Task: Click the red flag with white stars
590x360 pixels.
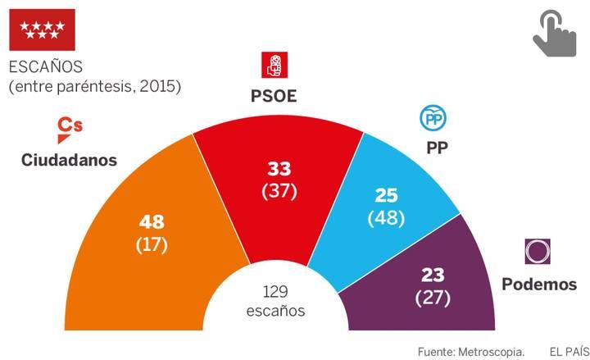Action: coord(42,30)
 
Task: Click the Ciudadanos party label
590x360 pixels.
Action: coord(69,159)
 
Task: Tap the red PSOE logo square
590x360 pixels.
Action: coord(274,64)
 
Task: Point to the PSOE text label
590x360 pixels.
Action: coord(274,97)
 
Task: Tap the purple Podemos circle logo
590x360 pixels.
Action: coord(538,251)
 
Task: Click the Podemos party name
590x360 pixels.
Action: coord(539,285)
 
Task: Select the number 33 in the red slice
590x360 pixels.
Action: coord(279,170)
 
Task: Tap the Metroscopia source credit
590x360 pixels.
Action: coord(470,351)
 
